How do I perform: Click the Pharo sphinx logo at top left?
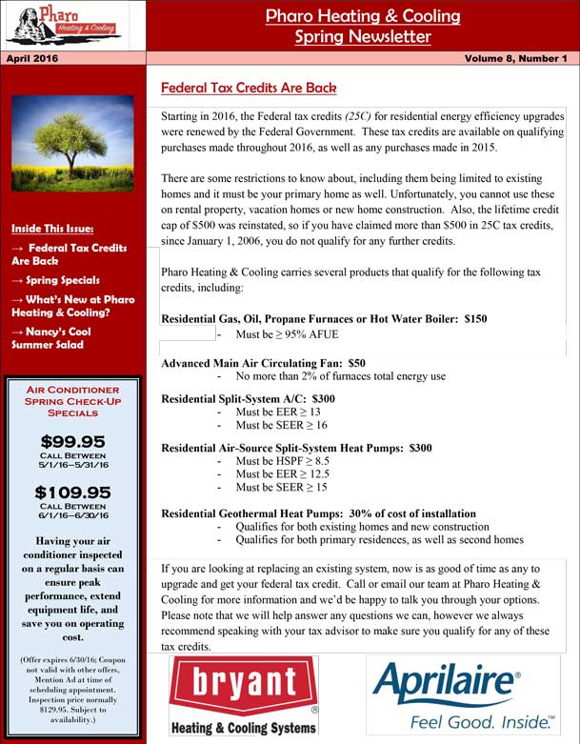(x=63, y=26)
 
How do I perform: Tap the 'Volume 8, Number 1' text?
(x=515, y=59)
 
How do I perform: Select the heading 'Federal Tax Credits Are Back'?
(x=249, y=88)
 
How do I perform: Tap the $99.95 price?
(x=72, y=442)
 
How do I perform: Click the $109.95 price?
(x=72, y=493)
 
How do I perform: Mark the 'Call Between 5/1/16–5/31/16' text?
(x=72, y=461)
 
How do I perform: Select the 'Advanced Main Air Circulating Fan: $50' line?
(x=263, y=363)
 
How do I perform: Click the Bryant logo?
(x=244, y=695)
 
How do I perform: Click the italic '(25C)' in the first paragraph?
(x=364, y=115)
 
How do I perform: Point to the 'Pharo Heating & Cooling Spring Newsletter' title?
(x=362, y=27)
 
